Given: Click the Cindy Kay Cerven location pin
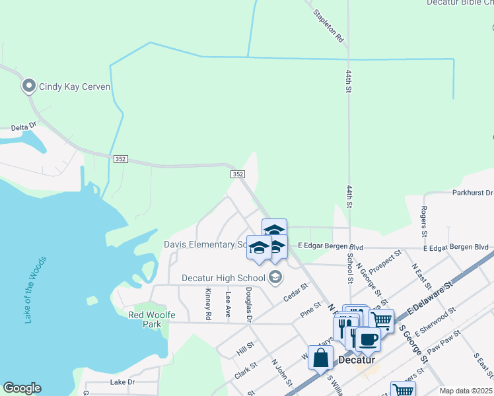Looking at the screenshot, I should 28,86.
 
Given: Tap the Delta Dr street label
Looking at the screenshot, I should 24,128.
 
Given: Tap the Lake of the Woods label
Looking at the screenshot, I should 35,289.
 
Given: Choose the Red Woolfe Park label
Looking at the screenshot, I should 152,319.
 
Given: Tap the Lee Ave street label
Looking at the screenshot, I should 228,303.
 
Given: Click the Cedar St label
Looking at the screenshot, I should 295,292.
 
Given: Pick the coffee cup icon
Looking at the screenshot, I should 368,339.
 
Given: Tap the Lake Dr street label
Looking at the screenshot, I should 122,382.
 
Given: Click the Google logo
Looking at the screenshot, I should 22,388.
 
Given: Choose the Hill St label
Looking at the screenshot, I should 245,349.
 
